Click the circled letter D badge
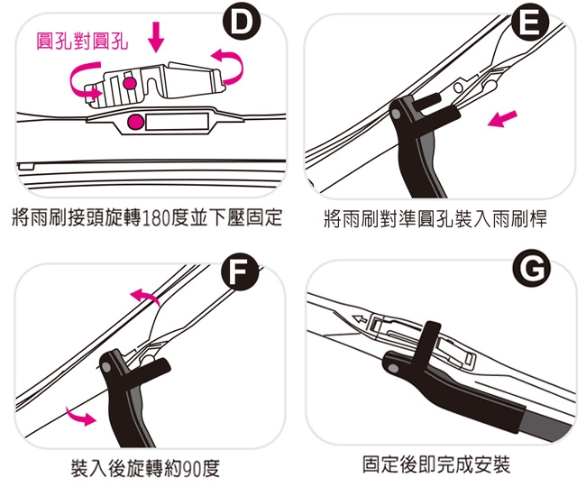point(242,23)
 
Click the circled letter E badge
point(530,23)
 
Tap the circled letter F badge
point(240,271)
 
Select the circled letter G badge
point(531,269)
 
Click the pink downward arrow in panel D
point(156,37)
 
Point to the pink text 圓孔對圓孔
point(82,41)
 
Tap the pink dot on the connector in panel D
point(130,83)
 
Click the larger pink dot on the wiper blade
point(135,122)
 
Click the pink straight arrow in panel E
point(503,119)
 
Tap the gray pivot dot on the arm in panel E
point(397,114)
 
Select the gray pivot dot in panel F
point(107,367)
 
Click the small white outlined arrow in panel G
point(361,319)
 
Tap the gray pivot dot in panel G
point(393,368)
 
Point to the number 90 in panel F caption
point(191,468)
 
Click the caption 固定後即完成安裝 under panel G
point(436,464)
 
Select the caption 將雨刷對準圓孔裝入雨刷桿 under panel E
point(435,218)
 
